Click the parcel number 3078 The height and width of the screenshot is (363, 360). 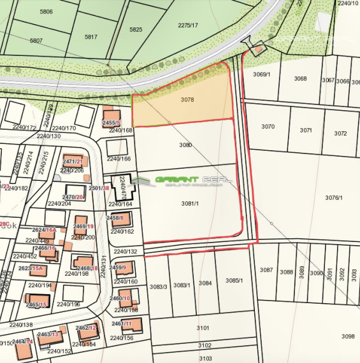coord(187,100)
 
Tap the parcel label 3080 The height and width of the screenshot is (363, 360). coord(185,145)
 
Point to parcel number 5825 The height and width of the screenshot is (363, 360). coord(136,30)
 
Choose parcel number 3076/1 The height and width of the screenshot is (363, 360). coord(334,198)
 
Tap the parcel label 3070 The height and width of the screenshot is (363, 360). coord(268,127)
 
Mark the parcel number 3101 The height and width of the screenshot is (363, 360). coord(203,328)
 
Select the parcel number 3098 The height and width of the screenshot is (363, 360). coord(347,336)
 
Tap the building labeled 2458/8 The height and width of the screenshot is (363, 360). coord(122,220)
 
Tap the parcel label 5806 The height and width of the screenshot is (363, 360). coord(47,11)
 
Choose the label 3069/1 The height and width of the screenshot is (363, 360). coord(261,75)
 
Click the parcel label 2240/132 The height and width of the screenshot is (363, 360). coord(126,252)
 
